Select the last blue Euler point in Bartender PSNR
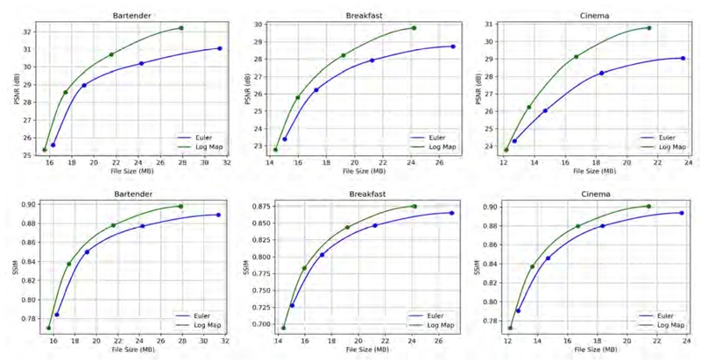coord(219,48)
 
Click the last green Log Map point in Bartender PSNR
coord(181,28)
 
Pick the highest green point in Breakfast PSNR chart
coord(414,28)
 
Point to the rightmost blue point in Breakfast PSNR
coord(452,46)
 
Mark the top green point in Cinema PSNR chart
coord(649,28)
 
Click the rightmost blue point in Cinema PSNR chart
coord(683,58)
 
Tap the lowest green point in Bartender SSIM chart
coord(49,328)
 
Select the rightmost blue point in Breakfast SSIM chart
coord(452,213)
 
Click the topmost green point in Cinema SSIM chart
coord(649,206)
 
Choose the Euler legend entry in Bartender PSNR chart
coord(201,137)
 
